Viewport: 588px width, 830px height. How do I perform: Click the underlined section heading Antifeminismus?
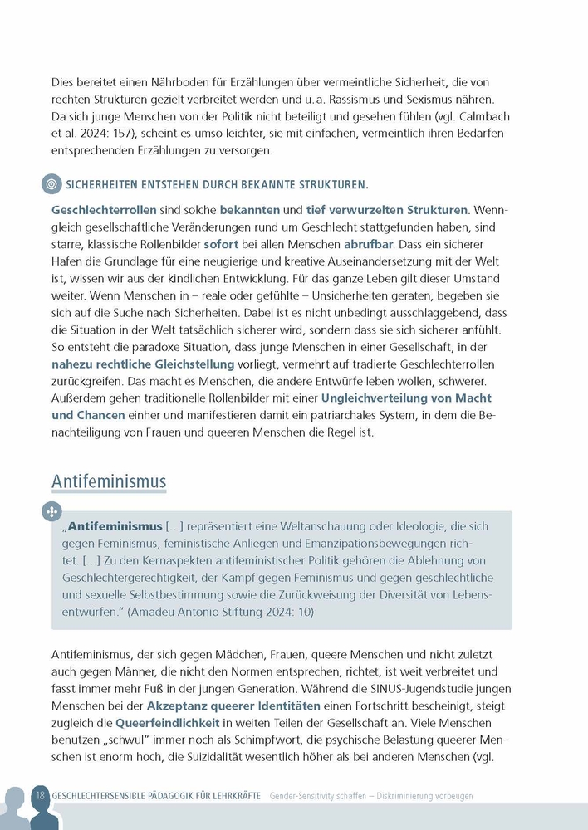point(109,481)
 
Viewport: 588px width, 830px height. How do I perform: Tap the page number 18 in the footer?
point(40,795)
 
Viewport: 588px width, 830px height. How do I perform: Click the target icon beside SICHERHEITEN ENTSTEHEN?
point(51,183)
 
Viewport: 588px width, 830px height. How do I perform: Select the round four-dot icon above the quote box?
point(51,511)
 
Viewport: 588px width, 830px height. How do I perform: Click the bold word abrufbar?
point(370,246)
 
